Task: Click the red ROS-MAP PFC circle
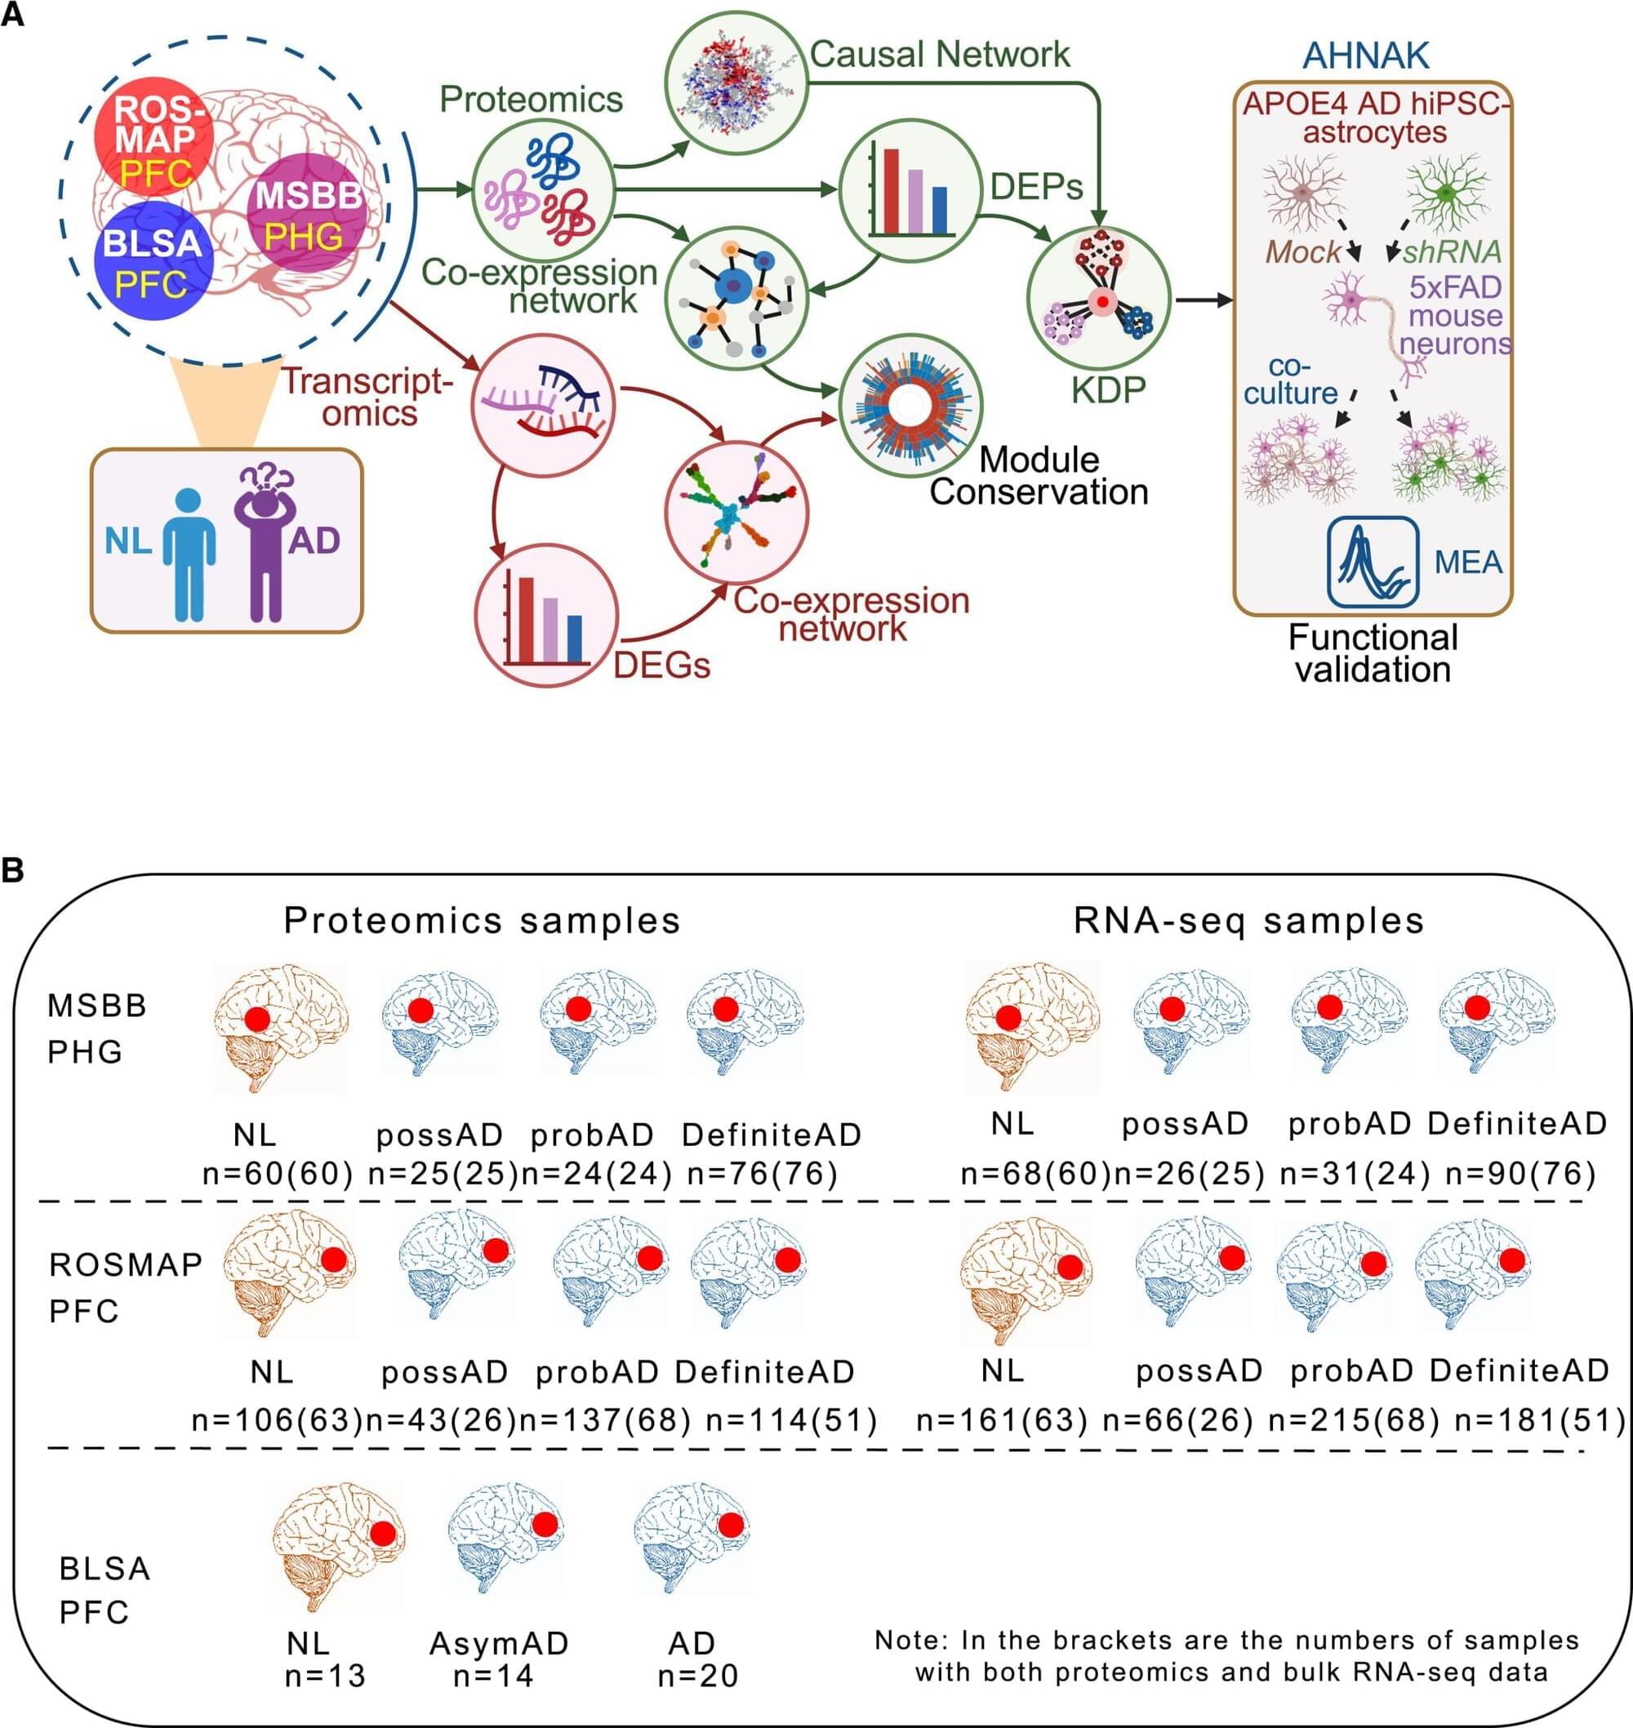(x=154, y=140)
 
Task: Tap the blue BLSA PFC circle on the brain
(x=153, y=261)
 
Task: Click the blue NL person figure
(x=189, y=554)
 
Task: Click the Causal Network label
(x=939, y=54)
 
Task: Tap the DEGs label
(x=661, y=664)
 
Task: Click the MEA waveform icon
(x=1373, y=562)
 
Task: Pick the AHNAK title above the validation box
(x=1365, y=56)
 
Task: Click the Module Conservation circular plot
(x=910, y=406)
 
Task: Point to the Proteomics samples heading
(x=483, y=921)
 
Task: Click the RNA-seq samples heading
(x=1248, y=921)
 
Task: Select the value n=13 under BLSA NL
(x=326, y=1675)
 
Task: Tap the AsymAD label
(x=499, y=1643)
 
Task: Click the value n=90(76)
(x=1520, y=1174)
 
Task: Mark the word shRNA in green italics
(x=1452, y=251)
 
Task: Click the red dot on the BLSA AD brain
(x=730, y=1525)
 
